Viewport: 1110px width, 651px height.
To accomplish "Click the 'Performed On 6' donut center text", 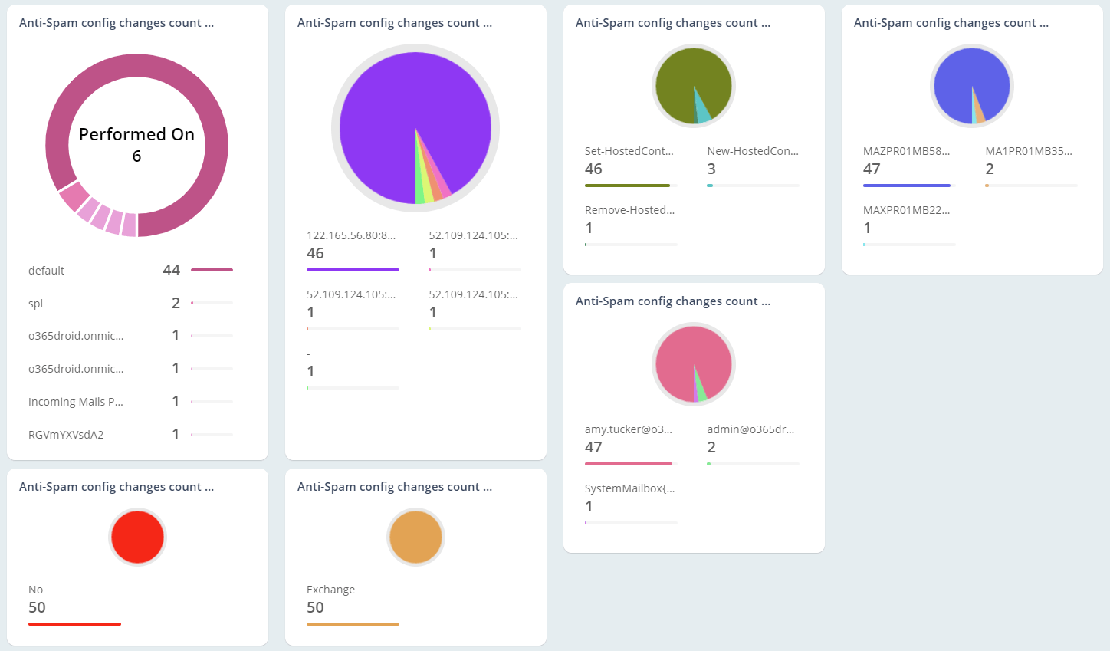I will point(136,145).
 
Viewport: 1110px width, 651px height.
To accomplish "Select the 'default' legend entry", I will point(46,271).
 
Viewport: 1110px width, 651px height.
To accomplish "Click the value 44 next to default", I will point(171,270).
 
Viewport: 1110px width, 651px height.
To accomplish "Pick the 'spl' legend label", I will point(36,304).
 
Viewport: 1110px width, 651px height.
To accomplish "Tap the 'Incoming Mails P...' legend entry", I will point(75,402).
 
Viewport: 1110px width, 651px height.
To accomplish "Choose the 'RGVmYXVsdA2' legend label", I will point(66,435).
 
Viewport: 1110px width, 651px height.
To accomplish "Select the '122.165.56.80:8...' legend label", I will point(351,235).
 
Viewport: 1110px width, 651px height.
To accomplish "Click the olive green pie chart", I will point(682,81).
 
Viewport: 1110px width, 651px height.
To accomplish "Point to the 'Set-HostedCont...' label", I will point(629,151).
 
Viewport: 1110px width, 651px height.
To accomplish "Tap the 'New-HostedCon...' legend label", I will point(753,151).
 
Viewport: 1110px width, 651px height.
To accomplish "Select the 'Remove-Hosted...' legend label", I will point(629,210).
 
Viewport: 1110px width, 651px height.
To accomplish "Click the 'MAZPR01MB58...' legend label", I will point(906,151).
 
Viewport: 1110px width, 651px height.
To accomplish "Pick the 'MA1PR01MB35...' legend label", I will point(1029,151).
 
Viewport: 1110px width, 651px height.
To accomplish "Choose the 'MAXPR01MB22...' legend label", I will point(906,210).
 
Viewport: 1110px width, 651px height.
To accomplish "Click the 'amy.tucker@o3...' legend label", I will point(628,429).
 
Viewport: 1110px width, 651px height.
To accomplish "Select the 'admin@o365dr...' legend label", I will point(750,429).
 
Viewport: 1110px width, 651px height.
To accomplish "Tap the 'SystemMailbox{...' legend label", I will point(629,488).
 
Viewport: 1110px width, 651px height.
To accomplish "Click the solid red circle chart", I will point(137,537).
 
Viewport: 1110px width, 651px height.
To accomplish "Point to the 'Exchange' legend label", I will point(330,590).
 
